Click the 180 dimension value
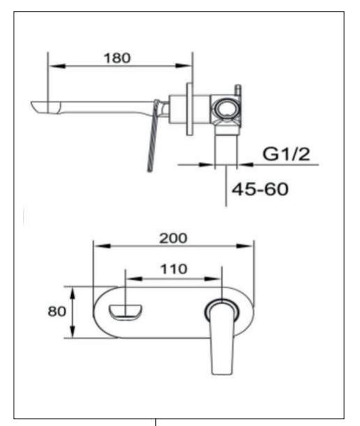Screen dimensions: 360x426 coord(118,58)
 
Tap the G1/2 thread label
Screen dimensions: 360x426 coord(286,154)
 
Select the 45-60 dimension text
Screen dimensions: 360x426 coord(260,189)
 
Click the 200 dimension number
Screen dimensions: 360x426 coord(173,238)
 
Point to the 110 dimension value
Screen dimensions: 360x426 coord(173,269)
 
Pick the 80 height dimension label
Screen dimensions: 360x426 coord(57,311)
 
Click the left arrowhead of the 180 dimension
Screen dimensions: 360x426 coord(57,66)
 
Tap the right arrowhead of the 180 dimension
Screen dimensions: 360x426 coord(184,65)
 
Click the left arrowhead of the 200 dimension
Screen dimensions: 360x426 coord(102,246)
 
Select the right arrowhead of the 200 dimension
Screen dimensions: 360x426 coord(245,246)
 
